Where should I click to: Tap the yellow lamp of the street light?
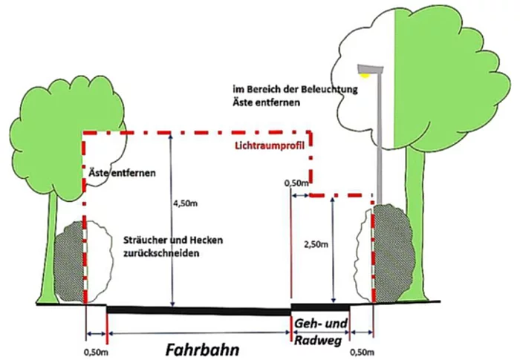coord(365,73)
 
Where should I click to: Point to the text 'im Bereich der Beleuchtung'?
coord(294,88)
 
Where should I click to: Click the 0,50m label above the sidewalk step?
coord(297,181)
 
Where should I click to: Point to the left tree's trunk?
coord(49,252)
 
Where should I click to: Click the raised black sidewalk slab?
coord(320,307)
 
